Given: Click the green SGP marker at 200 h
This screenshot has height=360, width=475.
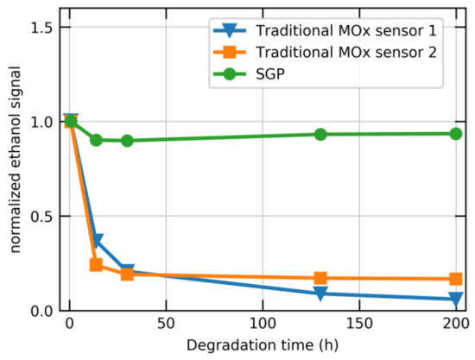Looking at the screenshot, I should coord(455,134).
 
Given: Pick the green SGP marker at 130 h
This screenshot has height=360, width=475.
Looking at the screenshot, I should coord(320,135).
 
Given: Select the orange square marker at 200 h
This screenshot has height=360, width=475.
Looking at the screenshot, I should coord(455,279).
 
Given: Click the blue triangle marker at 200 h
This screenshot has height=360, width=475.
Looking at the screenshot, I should coord(455,300).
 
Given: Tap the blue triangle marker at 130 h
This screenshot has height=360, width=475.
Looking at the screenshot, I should coord(320,294).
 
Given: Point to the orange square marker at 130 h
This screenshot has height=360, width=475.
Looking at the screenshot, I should coord(320,278).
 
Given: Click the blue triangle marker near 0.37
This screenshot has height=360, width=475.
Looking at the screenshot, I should coord(98,241).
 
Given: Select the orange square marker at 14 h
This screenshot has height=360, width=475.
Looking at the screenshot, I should coord(97,265).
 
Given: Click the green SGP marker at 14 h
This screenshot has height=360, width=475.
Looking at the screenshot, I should coord(97,140).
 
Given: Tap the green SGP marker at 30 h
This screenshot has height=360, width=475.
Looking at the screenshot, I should coord(127,141).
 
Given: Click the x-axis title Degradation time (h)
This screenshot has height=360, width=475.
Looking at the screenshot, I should coord(263,348).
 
